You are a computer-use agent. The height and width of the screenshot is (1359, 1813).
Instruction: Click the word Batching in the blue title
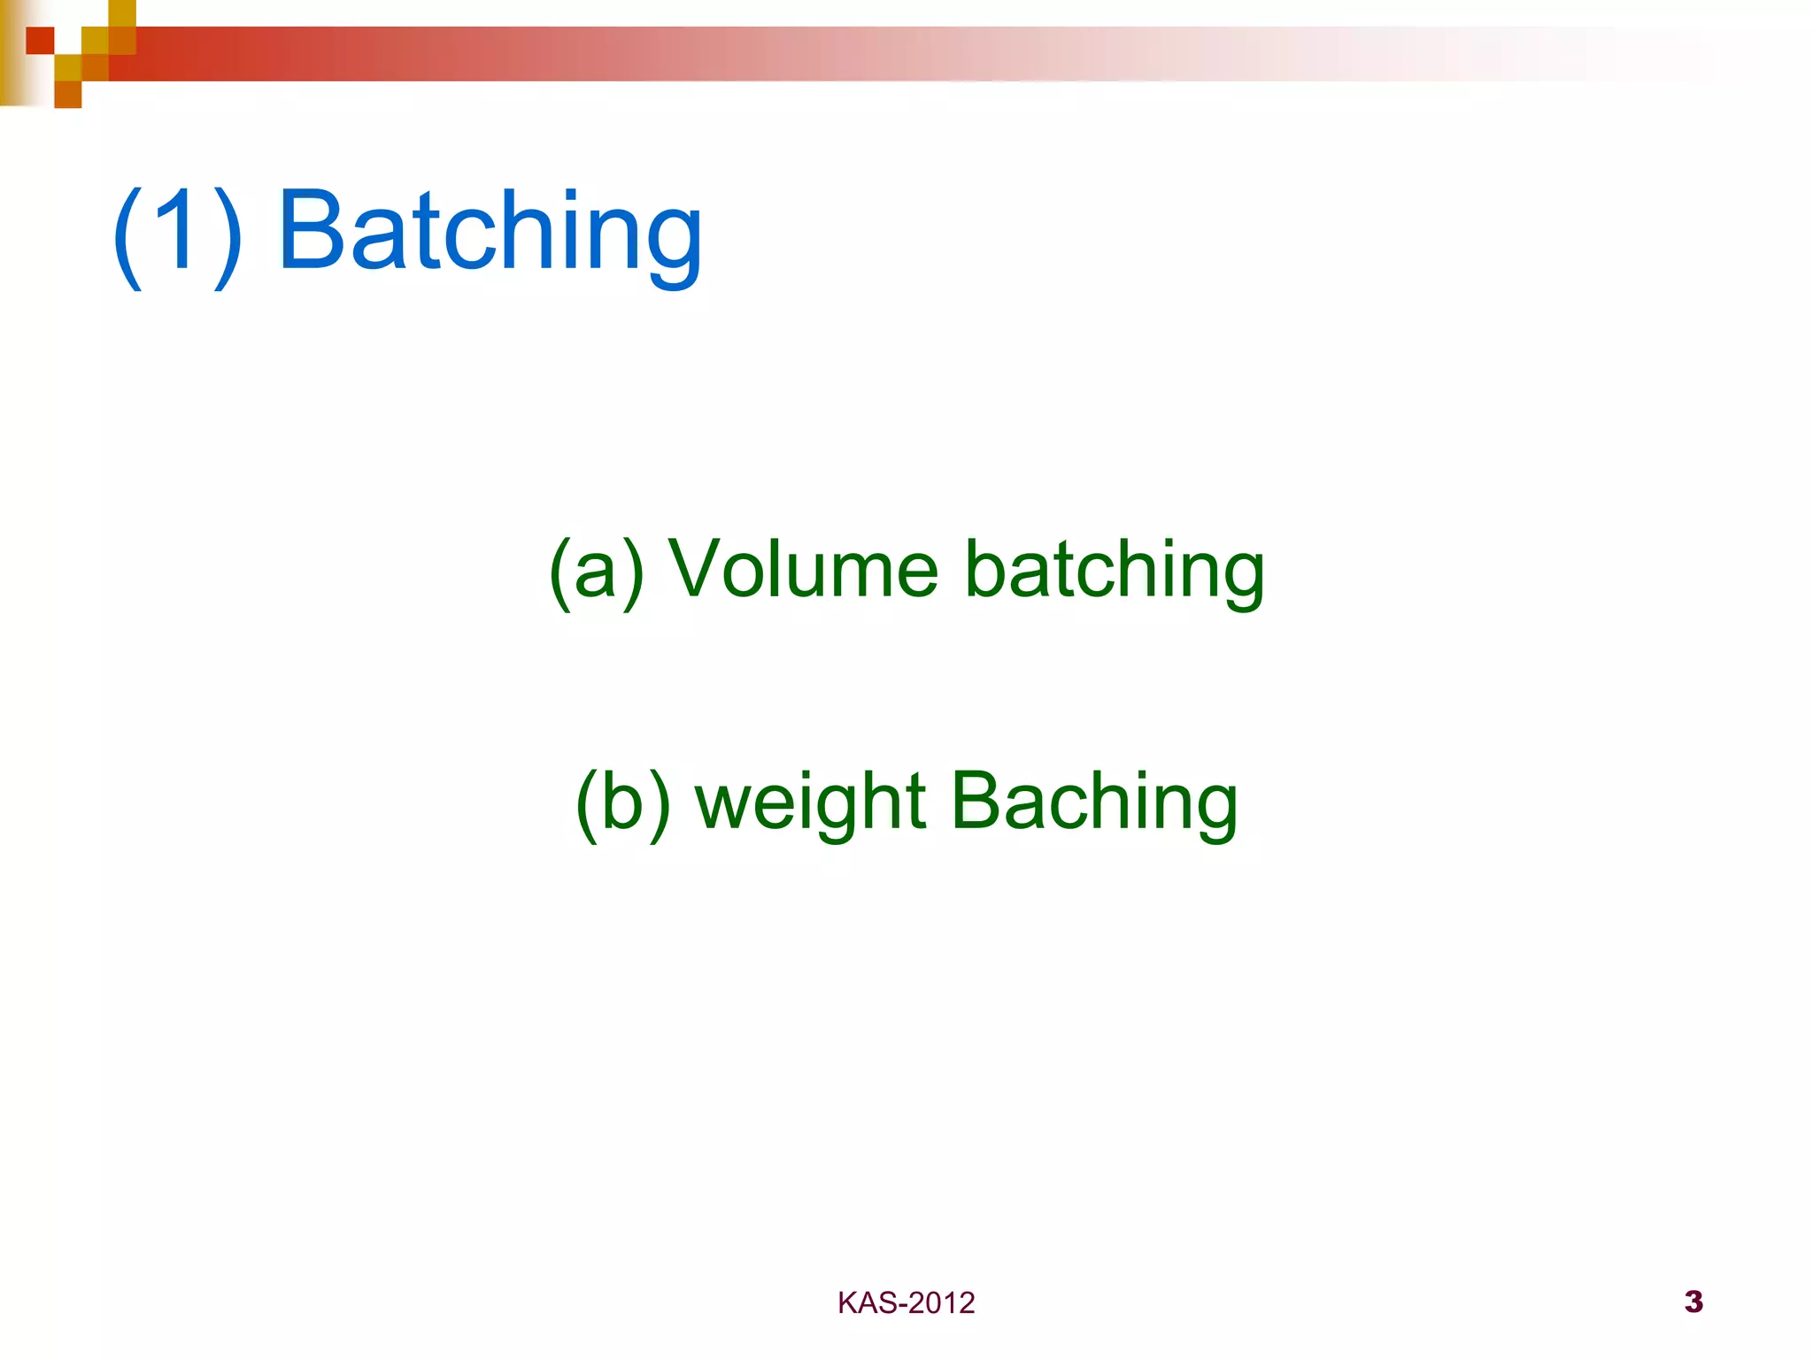491,232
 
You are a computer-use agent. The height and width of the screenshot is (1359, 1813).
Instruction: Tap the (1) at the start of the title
178,232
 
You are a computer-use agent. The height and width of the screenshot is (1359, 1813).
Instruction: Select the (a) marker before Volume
595,571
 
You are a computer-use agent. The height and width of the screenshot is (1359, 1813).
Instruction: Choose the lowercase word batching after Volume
1114,571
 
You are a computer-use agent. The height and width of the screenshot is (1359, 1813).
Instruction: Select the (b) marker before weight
622,802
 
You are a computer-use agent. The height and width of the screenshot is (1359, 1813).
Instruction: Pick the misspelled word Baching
1094,802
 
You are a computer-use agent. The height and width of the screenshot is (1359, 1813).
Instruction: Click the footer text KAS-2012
906,1303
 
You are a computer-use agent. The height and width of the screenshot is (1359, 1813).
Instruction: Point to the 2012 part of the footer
941,1303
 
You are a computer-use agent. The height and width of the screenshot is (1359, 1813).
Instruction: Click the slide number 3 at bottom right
1693,1301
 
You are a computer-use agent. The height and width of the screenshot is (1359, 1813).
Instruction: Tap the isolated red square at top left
40,41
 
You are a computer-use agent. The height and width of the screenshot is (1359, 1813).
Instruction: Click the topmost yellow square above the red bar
122,12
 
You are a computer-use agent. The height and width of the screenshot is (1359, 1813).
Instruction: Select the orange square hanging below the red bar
68,95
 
